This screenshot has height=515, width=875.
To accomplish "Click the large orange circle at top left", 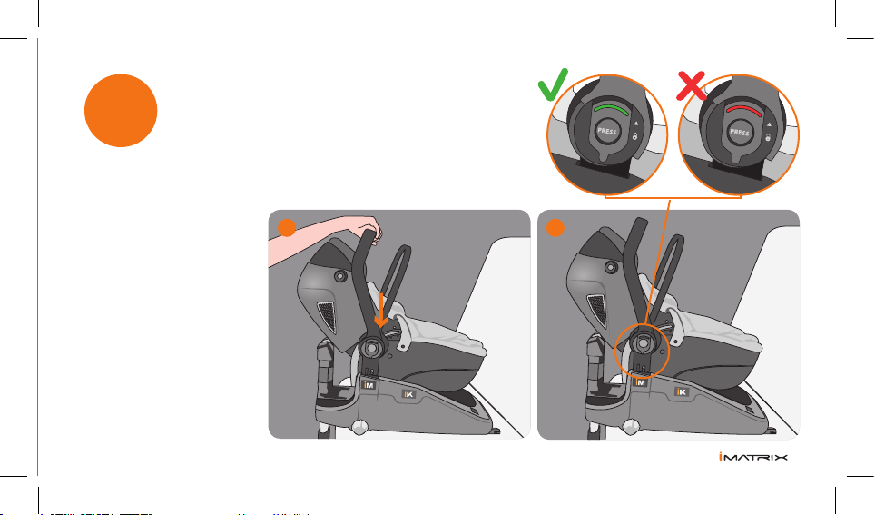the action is tap(121, 111).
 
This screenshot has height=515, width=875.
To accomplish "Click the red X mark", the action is tap(692, 85).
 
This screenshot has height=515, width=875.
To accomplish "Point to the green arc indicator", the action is tap(611, 108).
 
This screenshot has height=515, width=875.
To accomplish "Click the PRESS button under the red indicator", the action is tap(740, 133).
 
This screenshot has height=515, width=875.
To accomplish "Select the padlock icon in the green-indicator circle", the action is tap(635, 135).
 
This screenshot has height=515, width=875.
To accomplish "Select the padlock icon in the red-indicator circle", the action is tap(768, 137).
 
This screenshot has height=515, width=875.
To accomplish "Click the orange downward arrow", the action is tap(380, 310).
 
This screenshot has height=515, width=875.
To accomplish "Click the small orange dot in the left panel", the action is tap(287, 228).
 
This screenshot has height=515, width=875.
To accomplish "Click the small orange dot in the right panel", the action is tap(555, 228).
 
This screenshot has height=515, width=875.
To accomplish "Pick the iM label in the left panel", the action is tap(369, 385).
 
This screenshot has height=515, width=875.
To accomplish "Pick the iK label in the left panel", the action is tap(409, 394).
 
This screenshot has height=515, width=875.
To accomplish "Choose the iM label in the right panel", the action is tap(641, 382).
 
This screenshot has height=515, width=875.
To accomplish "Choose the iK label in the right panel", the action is tap(682, 392).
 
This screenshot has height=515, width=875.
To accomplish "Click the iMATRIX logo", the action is tap(753, 457).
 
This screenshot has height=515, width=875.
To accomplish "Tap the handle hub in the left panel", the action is tap(371, 348).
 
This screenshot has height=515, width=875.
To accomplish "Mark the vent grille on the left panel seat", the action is tap(327, 317).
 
